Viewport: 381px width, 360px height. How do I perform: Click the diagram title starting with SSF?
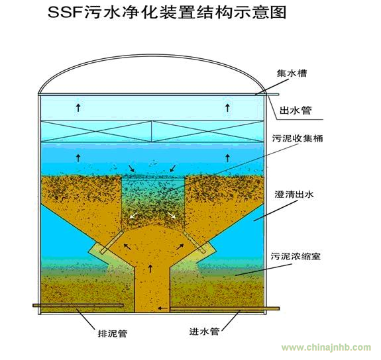point(167,12)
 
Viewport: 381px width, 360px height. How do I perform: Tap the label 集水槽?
point(292,73)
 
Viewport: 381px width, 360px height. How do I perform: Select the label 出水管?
point(296,111)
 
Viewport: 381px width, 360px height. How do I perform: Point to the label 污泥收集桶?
point(298,138)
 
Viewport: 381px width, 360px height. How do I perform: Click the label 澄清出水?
point(294,194)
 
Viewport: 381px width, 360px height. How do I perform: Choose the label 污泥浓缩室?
point(296,256)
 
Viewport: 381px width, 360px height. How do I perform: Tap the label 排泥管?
point(113,334)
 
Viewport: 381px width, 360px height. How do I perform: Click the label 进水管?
point(204,332)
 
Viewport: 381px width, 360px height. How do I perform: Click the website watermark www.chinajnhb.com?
point(326,347)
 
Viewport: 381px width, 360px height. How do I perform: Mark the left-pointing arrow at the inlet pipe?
point(163,308)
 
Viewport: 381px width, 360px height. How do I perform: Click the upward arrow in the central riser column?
point(150,268)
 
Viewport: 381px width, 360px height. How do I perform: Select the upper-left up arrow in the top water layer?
point(78,107)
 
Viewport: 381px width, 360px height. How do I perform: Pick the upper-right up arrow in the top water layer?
point(227,107)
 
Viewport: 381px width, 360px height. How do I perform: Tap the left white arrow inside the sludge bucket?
point(133,215)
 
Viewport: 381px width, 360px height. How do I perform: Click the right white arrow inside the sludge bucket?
point(172,215)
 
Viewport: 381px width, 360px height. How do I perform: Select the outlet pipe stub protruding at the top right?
point(273,95)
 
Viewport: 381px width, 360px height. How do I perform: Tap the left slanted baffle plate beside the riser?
point(112,242)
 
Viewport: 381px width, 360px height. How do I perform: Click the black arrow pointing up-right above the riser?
point(180,247)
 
